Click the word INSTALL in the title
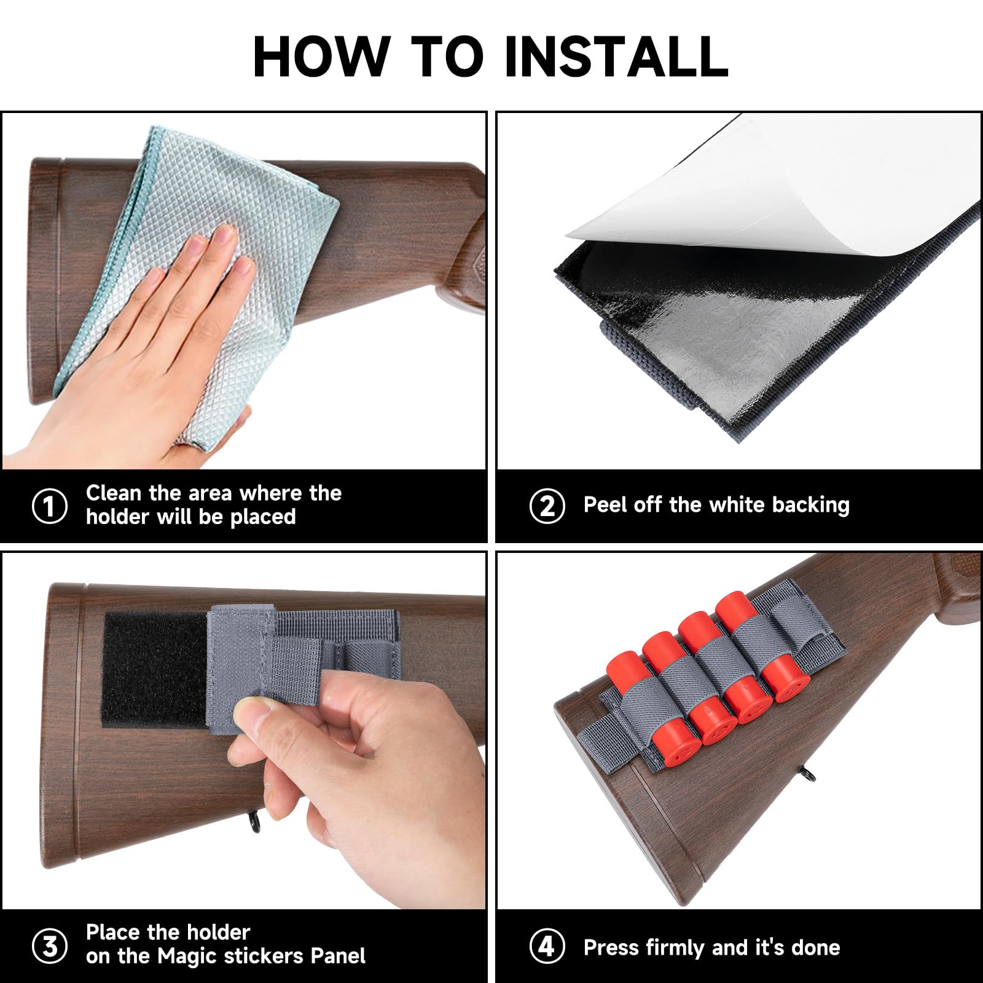616,56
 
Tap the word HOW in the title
322,56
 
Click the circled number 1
49,506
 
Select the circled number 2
547,506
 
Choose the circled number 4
547,946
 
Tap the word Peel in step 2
605,504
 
